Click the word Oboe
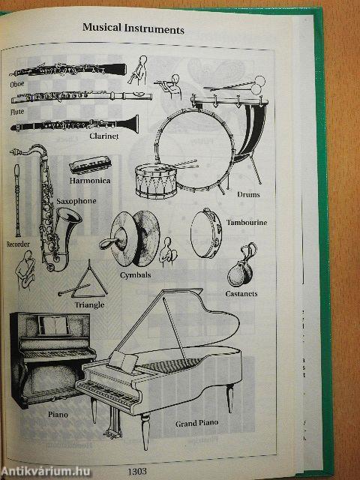[x=16, y=84]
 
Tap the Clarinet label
[x=103, y=136]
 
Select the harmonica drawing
[x=90, y=165]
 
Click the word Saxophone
[x=76, y=201]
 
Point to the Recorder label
[x=18, y=244]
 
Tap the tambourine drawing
[x=206, y=233]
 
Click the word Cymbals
[x=135, y=275]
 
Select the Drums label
[x=248, y=194]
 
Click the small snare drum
[x=156, y=181]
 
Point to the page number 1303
[x=137, y=471]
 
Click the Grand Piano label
[x=196, y=423]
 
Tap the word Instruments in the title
[x=154, y=28]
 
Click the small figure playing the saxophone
[x=25, y=270]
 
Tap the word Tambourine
[x=247, y=223]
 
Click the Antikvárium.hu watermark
[x=45, y=472]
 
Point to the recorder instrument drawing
[x=17, y=200]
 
